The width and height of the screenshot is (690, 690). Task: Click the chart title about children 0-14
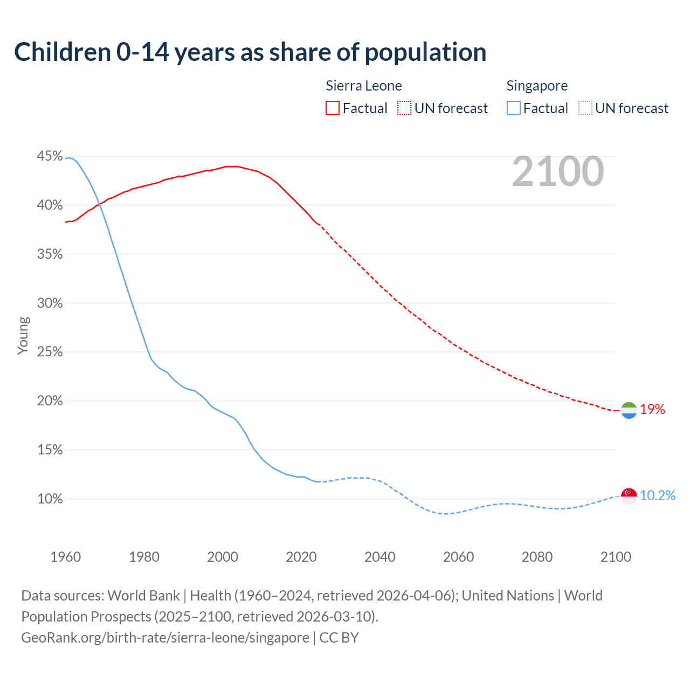[x=250, y=52]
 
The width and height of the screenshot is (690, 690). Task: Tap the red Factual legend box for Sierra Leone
[x=333, y=108]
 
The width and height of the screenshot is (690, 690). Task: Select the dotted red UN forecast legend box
[x=404, y=108]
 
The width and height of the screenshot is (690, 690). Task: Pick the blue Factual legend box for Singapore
[x=514, y=108]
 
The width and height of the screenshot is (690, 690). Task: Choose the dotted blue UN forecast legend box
[x=585, y=108]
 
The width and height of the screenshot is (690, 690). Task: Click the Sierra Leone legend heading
[x=364, y=86]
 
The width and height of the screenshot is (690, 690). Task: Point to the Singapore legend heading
[x=537, y=86]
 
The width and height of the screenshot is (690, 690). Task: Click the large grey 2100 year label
[x=558, y=171]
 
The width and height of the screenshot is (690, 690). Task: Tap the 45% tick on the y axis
[x=50, y=156]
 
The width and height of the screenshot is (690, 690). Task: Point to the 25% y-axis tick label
[x=50, y=352]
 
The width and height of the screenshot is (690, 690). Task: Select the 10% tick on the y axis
[x=50, y=499]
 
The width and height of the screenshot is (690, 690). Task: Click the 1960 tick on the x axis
[x=65, y=557]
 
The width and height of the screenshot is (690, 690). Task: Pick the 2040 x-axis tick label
[x=380, y=557]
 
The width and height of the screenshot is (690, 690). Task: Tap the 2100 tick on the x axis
[x=616, y=557]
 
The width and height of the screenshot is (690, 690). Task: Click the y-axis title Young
[x=23, y=335]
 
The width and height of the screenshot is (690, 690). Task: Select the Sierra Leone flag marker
[x=629, y=410]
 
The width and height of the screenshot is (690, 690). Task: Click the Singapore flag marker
[x=629, y=496]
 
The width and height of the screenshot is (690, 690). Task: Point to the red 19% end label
[x=652, y=410]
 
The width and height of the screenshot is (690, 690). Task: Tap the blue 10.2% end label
[x=658, y=496]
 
